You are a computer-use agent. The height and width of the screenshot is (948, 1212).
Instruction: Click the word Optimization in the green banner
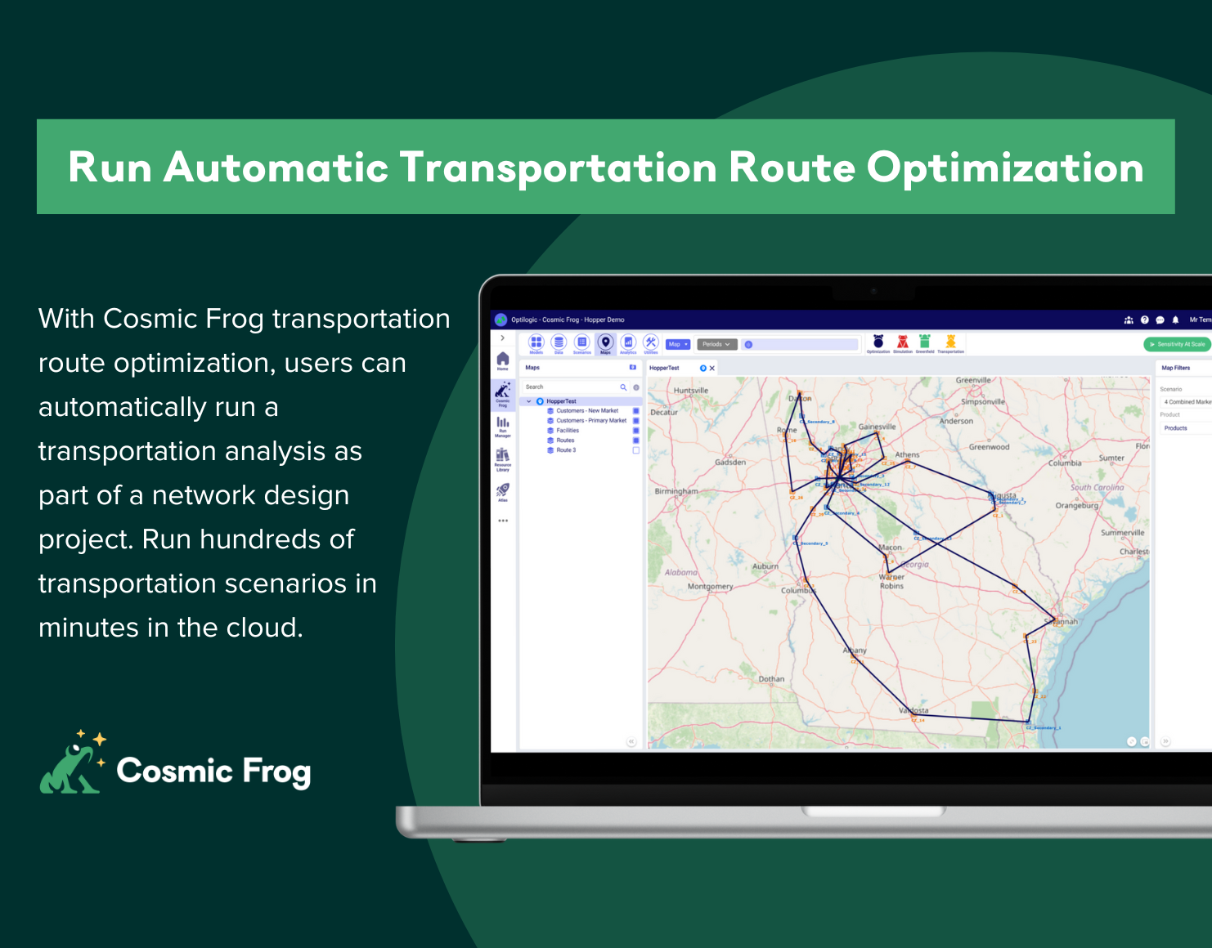point(1004,168)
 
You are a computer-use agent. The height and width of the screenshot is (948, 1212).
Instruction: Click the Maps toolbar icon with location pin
point(605,342)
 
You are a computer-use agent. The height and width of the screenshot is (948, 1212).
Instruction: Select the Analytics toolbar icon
point(628,342)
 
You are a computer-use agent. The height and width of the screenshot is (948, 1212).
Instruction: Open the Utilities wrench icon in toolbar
point(651,342)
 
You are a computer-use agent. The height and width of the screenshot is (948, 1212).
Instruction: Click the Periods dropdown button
point(716,344)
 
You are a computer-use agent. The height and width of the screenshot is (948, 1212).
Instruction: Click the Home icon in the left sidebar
point(502,360)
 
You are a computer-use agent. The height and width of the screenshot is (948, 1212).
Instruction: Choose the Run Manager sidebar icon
point(502,424)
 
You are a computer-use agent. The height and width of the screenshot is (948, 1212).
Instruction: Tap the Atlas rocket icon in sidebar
point(502,490)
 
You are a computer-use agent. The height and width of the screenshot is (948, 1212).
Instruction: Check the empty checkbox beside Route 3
point(635,450)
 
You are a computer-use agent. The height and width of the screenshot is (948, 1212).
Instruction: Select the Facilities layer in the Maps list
point(568,431)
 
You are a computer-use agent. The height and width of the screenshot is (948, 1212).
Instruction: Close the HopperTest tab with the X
point(712,369)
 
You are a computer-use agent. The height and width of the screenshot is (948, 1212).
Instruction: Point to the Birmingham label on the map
point(676,491)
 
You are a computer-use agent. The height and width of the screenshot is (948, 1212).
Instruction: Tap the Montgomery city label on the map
point(710,586)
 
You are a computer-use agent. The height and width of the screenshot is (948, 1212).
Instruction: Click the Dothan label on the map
point(771,679)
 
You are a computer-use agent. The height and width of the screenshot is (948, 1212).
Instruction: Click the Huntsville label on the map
point(691,391)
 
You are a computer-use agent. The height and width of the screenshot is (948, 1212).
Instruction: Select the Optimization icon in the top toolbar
point(878,342)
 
